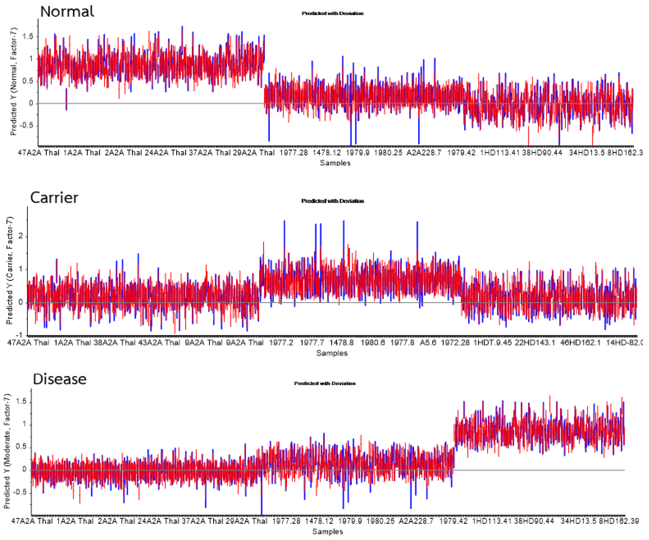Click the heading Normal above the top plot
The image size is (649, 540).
(67, 12)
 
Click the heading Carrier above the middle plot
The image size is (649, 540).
(54, 198)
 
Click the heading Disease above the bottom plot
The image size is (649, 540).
(60, 379)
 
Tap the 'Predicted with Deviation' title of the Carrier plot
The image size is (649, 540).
(332, 201)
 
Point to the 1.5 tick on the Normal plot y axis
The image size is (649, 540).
(28, 36)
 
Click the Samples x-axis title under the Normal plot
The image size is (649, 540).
(335, 163)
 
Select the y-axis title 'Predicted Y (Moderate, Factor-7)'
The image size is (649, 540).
(7, 451)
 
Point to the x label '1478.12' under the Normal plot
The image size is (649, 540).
(326, 153)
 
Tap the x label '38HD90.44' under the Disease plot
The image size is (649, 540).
(534, 521)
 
